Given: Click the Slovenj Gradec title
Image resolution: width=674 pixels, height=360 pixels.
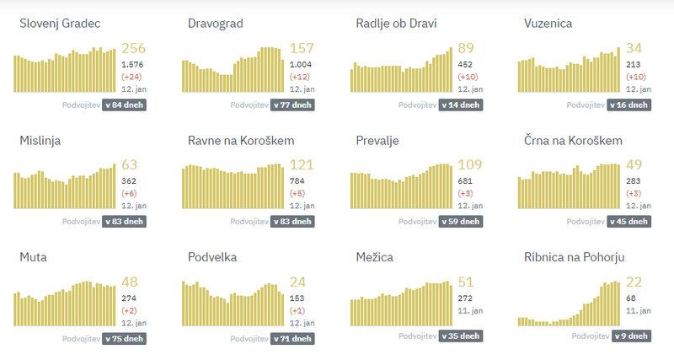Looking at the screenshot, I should pyautogui.click(x=60, y=23).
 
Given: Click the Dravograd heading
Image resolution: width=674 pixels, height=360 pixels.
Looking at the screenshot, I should pyautogui.click(x=216, y=23).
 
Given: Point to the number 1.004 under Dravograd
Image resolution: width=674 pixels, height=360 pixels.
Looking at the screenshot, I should pyautogui.click(x=301, y=64).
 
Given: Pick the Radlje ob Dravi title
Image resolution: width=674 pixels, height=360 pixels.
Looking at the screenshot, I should pyautogui.click(x=396, y=23).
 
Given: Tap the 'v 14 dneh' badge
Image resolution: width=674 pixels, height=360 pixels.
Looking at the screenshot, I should pyautogui.click(x=461, y=105).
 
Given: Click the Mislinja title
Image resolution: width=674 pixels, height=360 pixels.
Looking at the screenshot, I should pyautogui.click(x=40, y=140).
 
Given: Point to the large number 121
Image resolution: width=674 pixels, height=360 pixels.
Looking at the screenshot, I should pyautogui.click(x=302, y=165).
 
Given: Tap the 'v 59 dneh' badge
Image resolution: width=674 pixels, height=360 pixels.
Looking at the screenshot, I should pyautogui.click(x=461, y=222).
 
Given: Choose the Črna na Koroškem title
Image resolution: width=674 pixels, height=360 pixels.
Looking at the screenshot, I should pyautogui.click(x=573, y=140).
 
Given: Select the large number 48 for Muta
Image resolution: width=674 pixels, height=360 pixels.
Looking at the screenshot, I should pyautogui.click(x=131, y=282).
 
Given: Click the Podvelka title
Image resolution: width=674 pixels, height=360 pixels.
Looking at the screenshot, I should pyautogui.click(x=212, y=256).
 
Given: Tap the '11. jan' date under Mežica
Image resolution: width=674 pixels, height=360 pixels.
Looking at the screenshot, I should pyautogui.click(x=469, y=310).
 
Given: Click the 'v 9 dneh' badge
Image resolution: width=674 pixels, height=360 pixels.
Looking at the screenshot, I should pyautogui.click(x=630, y=338).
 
